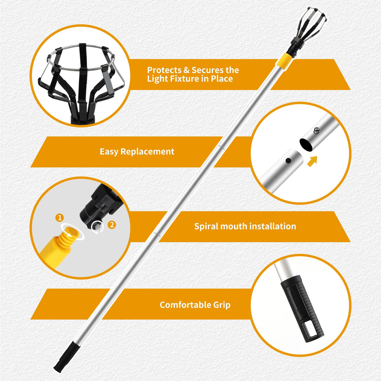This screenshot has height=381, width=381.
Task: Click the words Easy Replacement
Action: (137, 152)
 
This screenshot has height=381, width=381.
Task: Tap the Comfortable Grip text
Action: (195, 305)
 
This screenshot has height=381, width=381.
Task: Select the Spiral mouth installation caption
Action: (245, 226)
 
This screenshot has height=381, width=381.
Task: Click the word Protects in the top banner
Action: (164, 70)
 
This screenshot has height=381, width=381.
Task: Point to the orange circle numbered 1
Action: (59, 218)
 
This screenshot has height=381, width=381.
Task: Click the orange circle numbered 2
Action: (112, 225)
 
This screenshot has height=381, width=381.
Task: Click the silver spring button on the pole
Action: (317, 131)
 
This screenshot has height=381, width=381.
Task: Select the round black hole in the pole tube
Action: (289, 161)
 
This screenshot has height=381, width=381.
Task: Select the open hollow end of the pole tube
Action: (306, 144)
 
